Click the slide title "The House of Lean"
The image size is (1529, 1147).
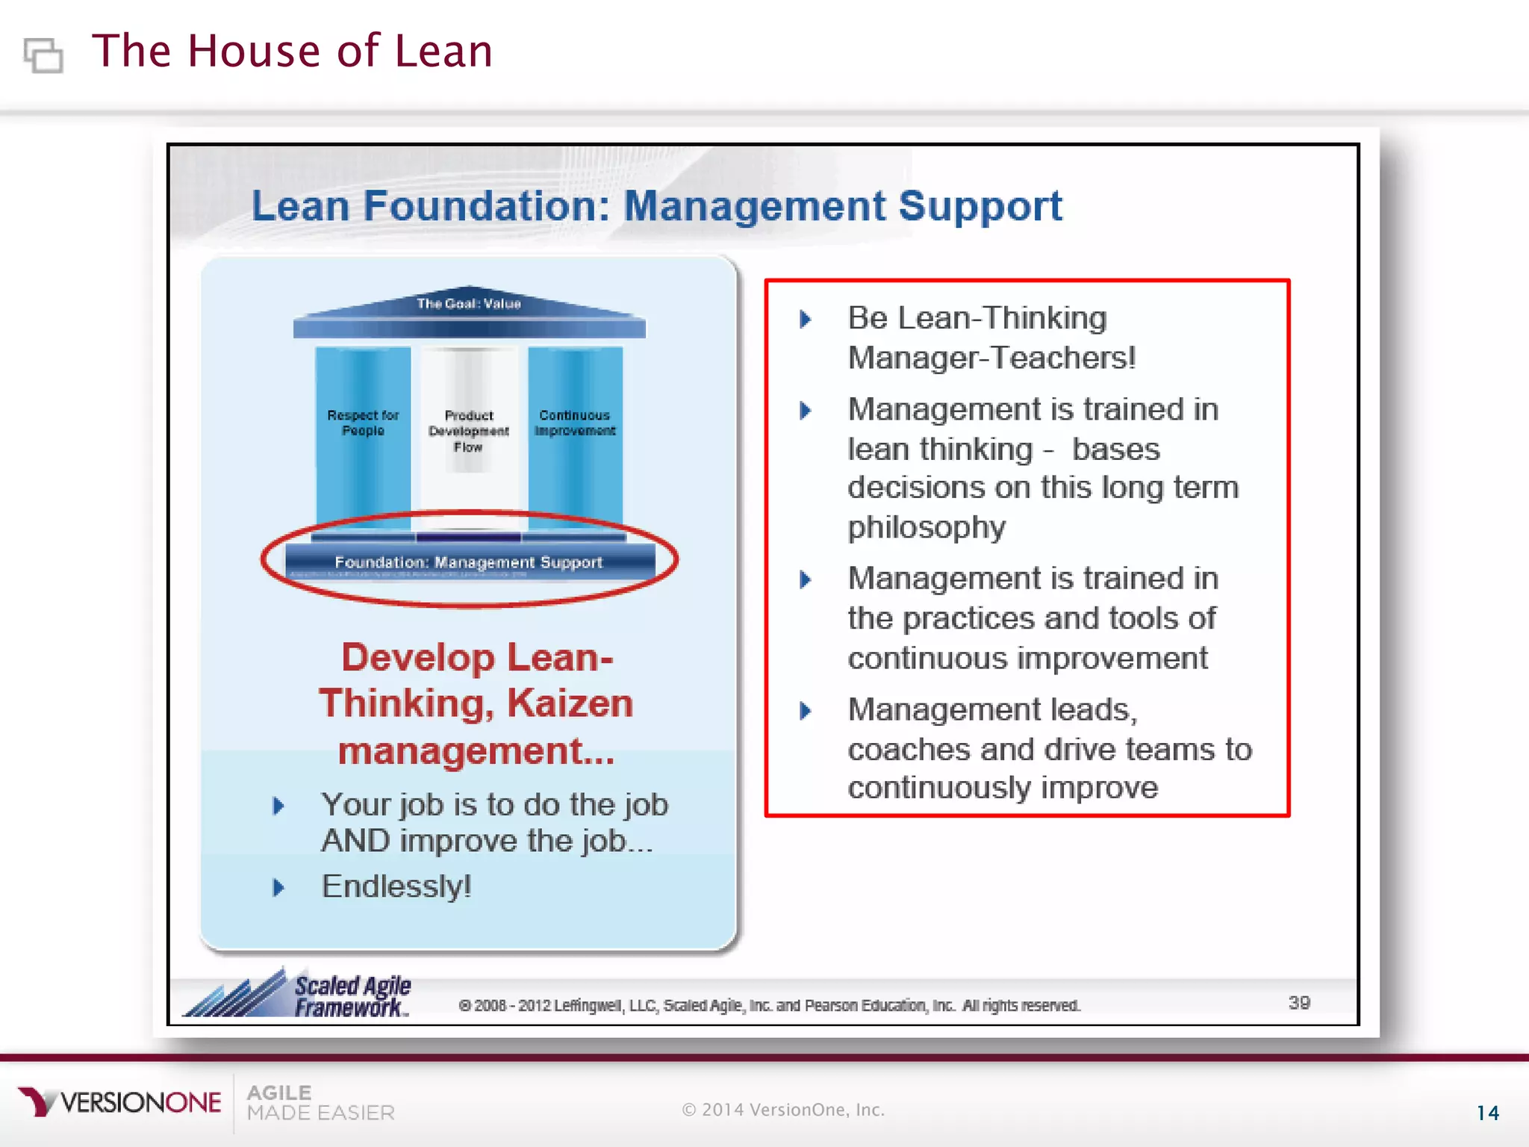[x=292, y=52]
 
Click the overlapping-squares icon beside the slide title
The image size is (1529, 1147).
[x=43, y=55]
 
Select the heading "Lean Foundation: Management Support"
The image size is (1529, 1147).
[x=656, y=206]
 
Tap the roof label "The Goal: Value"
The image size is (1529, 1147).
[x=469, y=304]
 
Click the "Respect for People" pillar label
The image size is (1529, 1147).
[x=363, y=423]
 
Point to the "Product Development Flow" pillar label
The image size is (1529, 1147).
[x=469, y=431]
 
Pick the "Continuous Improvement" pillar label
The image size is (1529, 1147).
[x=575, y=423]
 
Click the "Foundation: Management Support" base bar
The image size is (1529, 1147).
[x=469, y=562]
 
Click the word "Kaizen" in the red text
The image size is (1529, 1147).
[x=570, y=703]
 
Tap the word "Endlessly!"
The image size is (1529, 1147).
[x=396, y=886]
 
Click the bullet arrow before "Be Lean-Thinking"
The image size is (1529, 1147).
[x=805, y=320]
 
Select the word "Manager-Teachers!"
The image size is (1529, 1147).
[x=991, y=358]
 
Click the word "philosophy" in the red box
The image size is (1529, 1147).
[x=927, y=527]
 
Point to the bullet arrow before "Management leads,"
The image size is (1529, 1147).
[x=805, y=710]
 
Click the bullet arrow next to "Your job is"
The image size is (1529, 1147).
[x=278, y=806]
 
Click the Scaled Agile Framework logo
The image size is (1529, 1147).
[x=299, y=993]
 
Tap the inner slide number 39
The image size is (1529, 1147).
[x=1299, y=1003]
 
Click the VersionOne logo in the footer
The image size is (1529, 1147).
[x=119, y=1102]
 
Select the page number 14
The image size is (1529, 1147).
[x=1487, y=1113]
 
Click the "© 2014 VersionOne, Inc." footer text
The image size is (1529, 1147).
[x=783, y=1110]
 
